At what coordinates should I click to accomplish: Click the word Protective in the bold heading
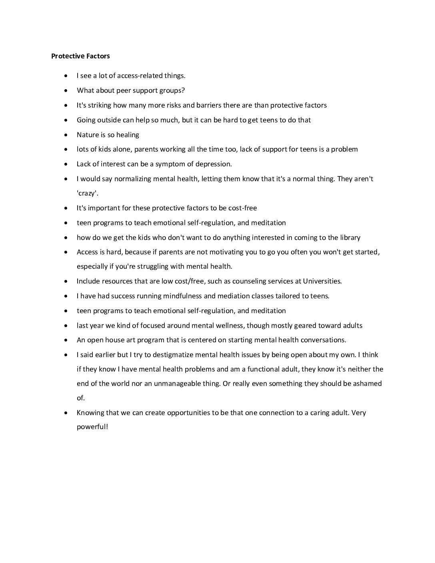coord(66,56)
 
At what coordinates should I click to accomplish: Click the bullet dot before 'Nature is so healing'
coord(66,135)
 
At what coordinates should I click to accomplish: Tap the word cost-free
coord(243,208)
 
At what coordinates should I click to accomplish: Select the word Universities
coord(322,281)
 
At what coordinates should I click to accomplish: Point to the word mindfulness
coord(182,296)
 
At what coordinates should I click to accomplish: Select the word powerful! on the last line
coord(92,427)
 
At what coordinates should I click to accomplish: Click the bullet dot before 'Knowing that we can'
coord(66,413)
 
